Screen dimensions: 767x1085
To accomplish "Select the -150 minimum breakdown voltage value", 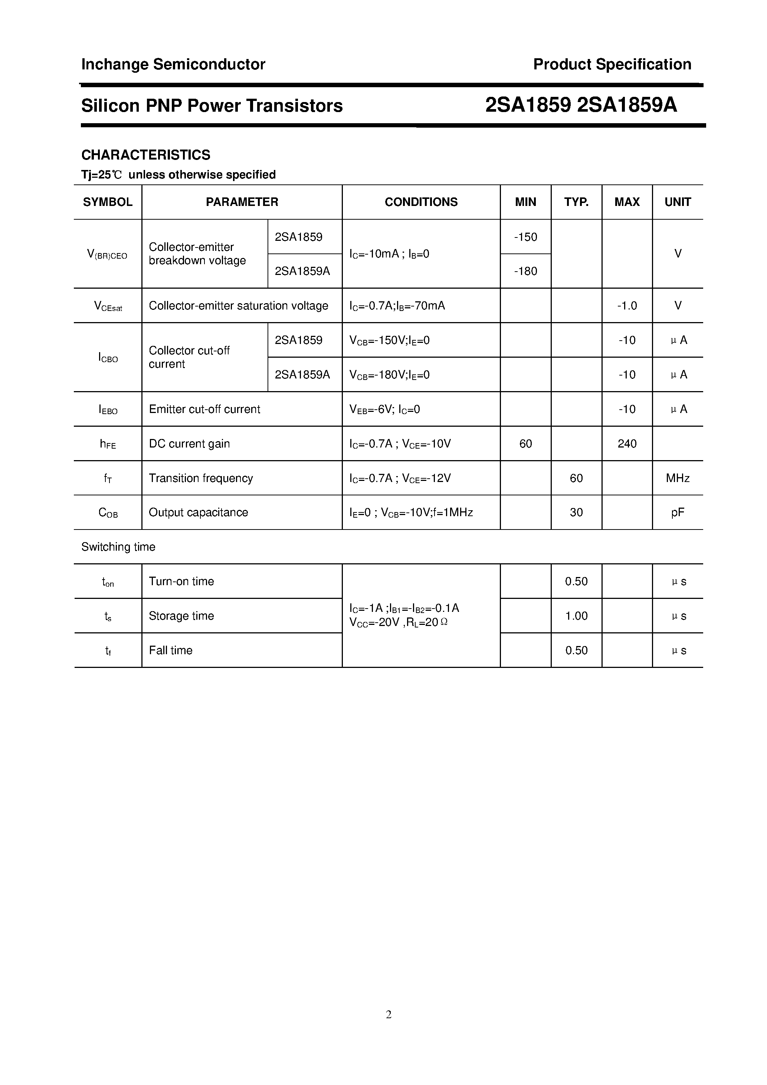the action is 525,237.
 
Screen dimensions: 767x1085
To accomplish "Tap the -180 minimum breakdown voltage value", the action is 525,271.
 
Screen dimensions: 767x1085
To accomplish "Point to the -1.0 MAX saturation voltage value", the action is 627,306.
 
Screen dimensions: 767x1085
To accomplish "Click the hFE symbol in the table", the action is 108,444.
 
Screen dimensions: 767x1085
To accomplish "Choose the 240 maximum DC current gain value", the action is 627,444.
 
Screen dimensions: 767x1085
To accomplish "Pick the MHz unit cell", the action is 677,478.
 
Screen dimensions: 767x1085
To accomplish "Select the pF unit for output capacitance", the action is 677,513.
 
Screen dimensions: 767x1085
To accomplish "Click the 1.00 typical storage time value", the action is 576,616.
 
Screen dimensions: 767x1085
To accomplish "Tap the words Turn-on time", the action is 181,581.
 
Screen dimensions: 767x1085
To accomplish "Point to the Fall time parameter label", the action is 171,650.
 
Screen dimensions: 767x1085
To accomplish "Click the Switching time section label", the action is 118,547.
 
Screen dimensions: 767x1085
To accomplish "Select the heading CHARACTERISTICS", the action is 145,155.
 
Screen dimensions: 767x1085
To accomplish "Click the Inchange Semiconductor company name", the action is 173,64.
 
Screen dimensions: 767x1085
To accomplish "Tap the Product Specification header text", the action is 612,64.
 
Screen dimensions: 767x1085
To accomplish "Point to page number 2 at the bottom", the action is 389,1014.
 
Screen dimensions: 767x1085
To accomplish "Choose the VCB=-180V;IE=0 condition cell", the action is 389,375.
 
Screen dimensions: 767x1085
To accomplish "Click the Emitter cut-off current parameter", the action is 204,409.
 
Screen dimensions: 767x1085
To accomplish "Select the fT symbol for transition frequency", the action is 108,479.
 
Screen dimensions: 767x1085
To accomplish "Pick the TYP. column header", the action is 576,202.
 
